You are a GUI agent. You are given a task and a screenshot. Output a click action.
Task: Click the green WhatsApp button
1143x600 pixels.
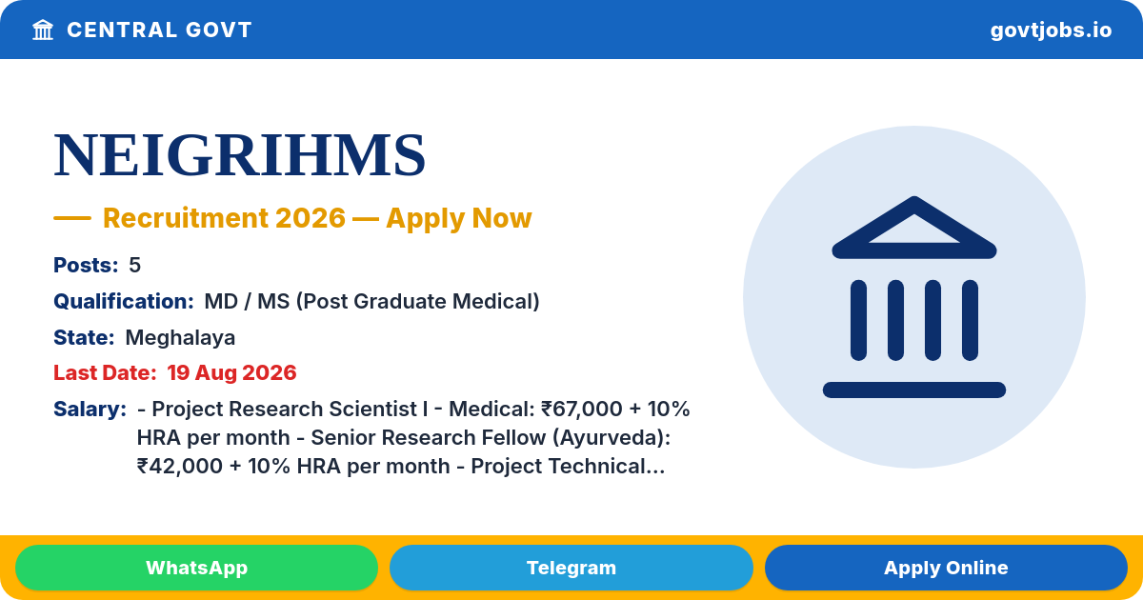196,568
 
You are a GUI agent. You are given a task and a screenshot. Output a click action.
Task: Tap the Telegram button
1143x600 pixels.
571,568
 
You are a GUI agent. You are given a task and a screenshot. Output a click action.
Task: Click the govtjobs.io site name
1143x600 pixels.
1051,30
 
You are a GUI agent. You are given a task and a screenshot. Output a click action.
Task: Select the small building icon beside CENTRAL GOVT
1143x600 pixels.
43,30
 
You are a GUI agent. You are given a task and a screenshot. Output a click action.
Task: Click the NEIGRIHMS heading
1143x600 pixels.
239,154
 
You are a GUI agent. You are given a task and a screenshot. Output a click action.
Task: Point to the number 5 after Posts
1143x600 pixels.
134,266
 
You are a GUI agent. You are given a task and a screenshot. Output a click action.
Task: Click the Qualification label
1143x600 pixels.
124,302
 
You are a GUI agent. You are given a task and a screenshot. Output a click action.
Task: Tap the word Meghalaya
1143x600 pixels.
180,338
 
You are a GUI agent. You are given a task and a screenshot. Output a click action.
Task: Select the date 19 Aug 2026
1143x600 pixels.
231,373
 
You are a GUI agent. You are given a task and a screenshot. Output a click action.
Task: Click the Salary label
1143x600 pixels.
90,410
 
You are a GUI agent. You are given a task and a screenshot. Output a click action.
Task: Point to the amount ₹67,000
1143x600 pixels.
581,410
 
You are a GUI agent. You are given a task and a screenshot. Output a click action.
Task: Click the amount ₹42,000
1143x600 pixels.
180,467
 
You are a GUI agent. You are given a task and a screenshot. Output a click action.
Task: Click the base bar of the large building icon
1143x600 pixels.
913,390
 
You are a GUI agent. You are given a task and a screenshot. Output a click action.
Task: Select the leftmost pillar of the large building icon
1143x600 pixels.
858,320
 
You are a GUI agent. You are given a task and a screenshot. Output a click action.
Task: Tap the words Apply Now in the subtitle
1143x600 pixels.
459,218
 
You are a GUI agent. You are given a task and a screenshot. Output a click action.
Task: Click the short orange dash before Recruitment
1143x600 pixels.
72,218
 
